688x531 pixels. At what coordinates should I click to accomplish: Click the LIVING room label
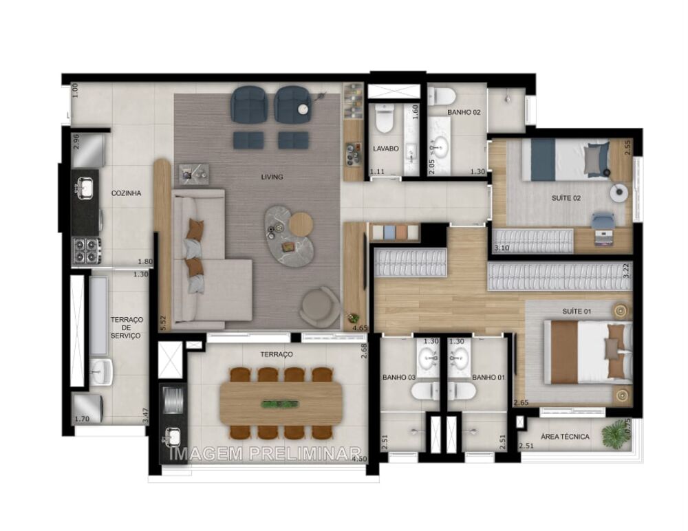point(272,177)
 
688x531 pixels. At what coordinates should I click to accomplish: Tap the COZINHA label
point(126,194)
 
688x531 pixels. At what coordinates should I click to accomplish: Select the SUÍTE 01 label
point(577,312)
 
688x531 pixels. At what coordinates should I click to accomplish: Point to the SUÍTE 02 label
point(566,198)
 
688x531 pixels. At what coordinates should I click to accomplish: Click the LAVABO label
point(386,149)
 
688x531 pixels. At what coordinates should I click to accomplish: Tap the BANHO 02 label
point(463,112)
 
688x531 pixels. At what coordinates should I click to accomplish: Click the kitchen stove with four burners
point(87,250)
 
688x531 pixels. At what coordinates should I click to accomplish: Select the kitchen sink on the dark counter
point(85,186)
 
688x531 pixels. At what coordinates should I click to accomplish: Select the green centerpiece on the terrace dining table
point(281,404)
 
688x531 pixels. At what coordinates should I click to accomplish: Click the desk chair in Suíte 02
point(603,221)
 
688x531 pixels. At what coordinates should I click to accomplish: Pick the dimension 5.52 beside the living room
point(163,323)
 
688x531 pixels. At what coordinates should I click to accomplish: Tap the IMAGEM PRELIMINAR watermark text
point(265,453)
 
